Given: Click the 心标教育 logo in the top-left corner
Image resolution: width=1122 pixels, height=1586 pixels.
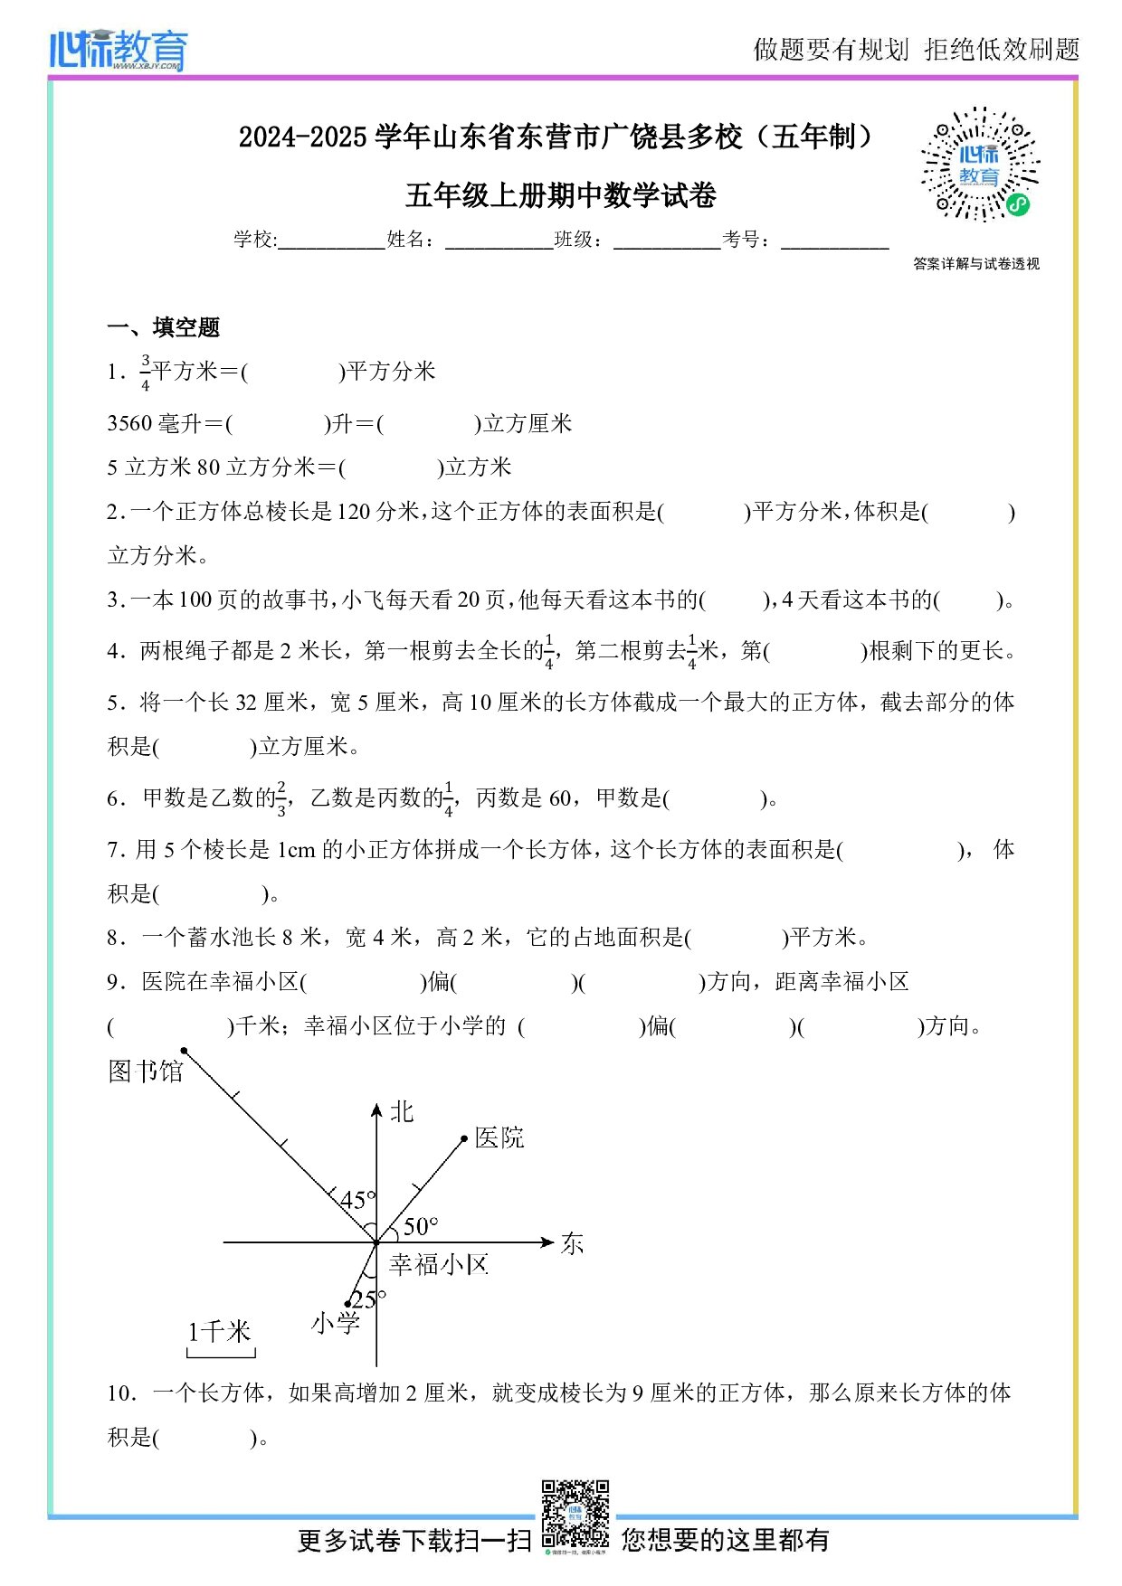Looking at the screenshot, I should (119, 49).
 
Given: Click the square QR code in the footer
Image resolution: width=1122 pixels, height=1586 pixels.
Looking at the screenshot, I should (575, 1514).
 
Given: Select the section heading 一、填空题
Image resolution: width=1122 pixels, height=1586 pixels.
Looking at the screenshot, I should (164, 327).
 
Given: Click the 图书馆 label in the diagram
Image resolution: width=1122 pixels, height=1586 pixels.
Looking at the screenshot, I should (146, 1071).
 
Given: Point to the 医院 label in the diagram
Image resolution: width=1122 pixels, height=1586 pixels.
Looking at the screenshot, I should (499, 1138).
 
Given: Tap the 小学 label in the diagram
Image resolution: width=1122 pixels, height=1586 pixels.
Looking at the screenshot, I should (336, 1324).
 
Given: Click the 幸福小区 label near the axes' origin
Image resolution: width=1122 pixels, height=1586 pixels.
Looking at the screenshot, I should (439, 1264).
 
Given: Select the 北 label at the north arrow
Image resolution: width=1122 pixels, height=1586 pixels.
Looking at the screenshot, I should (401, 1112).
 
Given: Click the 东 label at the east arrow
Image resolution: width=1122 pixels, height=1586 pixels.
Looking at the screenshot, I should (573, 1244).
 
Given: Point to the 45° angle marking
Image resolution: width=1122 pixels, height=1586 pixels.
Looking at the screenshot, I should (357, 1200).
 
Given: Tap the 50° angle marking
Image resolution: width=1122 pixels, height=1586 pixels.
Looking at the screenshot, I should (421, 1227).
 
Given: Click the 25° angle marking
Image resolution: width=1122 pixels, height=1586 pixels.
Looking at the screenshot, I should (368, 1299).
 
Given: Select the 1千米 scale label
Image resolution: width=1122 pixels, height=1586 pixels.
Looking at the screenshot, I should (219, 1331).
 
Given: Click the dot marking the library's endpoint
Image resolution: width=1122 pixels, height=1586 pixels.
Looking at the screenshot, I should (184, 1051).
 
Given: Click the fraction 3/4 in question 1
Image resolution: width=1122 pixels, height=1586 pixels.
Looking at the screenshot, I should (145, 373).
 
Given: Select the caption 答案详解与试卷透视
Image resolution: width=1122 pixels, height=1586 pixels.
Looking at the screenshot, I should (976, 264).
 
